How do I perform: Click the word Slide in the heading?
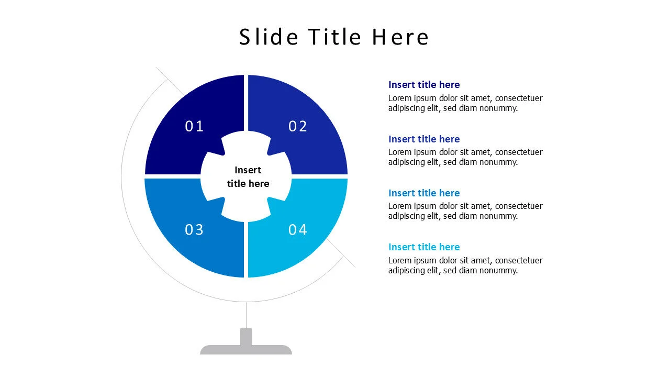269,37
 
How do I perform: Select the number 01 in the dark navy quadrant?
194,126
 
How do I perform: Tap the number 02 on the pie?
298,126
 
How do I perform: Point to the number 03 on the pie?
194,230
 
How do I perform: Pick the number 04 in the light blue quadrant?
298,230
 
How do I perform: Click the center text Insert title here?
248,177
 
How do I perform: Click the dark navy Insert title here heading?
424,85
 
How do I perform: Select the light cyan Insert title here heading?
424,247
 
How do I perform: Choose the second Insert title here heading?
424,139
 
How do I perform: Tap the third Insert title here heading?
424,193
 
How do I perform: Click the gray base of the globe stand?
246,350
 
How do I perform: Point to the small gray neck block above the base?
246,336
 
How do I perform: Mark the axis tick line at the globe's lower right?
348,260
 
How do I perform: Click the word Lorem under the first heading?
399,98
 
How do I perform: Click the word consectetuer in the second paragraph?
519,152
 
